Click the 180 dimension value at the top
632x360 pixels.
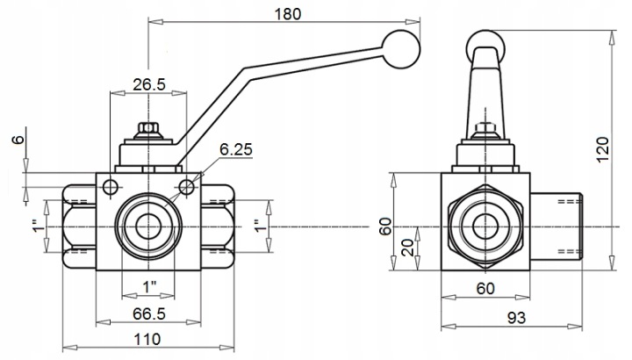click(x=288, y=14)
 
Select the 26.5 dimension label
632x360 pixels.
click(x=149, y=84)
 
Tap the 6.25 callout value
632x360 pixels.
click(x=236, y=149)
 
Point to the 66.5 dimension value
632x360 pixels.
click(x=149, y=313)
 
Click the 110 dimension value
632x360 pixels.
click(x=147, y=339)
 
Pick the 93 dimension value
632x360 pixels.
click(x=516, y=318)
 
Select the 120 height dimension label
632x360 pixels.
click(x=602, y=149)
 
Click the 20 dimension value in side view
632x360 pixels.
click(x=407, y=248)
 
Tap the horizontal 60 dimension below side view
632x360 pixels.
click(x=485, y=288)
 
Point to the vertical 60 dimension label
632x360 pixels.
click(x=385, y=227)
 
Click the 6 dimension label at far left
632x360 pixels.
click(x=18, y=140)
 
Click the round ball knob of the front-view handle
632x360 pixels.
click(x=401, y=49)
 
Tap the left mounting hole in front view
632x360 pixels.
click(x=111, y=187)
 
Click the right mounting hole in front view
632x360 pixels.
click(x=187, y=187)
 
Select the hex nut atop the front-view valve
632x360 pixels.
click(x=148, y=129)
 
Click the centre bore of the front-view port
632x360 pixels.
click(x=148, y=227)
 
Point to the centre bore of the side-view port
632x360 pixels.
click(x=485, y=227)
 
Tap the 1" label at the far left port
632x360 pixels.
click(x=38, y=226)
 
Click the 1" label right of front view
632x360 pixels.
click(x=261, y=226)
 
